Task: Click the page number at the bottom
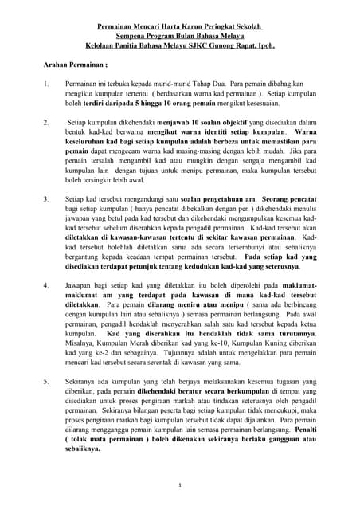point(181,485)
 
